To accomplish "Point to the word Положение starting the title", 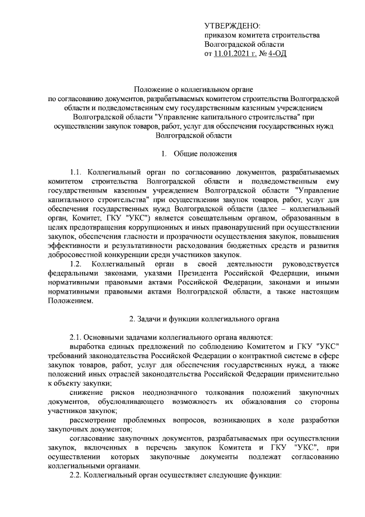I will [150, 90].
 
